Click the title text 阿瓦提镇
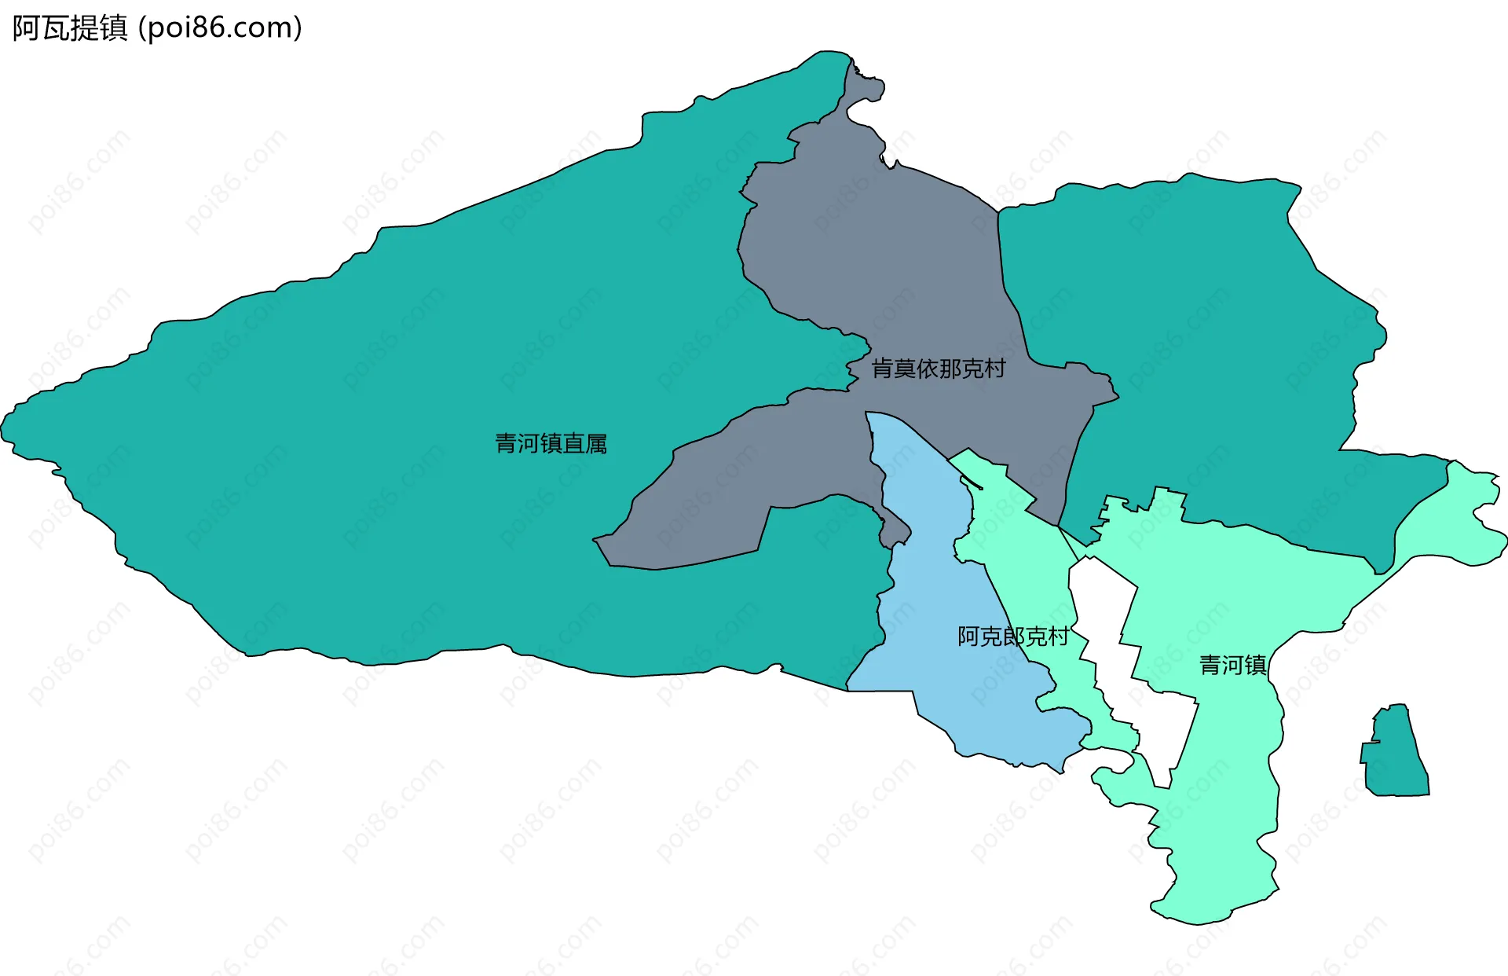coord(70,28)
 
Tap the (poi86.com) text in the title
coord(220,28)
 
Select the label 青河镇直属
coord(551,444)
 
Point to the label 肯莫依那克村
coord(939,369)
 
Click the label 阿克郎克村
coord(1012,637)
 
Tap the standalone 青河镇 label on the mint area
coord(1232,666)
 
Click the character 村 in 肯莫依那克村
coord(995,369)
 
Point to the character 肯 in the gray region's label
coord(883,369)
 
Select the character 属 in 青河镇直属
coord(596,444)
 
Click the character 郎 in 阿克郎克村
coord(1012,637)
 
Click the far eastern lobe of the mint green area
coord(1477,519)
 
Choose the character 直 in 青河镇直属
coord(574,444)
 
